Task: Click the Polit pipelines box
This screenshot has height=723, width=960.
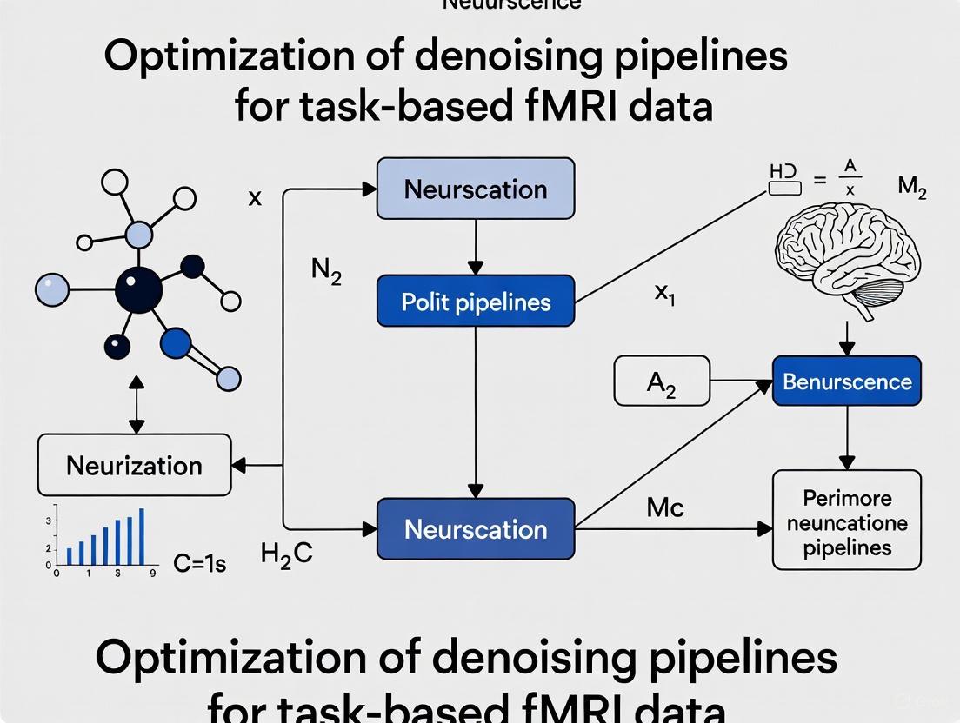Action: [475, 302]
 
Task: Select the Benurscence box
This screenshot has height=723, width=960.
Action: [846, 381]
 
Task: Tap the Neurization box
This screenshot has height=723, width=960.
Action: [134, 466]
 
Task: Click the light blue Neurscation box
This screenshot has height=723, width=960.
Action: [475, 189]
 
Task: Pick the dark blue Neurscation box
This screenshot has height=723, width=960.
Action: [475, 529]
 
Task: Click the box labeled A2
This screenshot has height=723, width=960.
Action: [661, 381]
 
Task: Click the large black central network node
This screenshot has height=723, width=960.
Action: [138, 289]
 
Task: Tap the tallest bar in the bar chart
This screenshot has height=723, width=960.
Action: [142, 537]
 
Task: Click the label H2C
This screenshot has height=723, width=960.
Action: [286, 553]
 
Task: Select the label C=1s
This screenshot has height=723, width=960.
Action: [199, 564]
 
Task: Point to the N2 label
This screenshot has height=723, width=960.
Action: [326, 272]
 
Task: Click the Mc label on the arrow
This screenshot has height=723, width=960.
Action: [665, 507]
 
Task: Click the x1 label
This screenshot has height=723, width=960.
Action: [664, 293]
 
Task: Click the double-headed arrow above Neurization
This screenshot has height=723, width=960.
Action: [137, 405]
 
